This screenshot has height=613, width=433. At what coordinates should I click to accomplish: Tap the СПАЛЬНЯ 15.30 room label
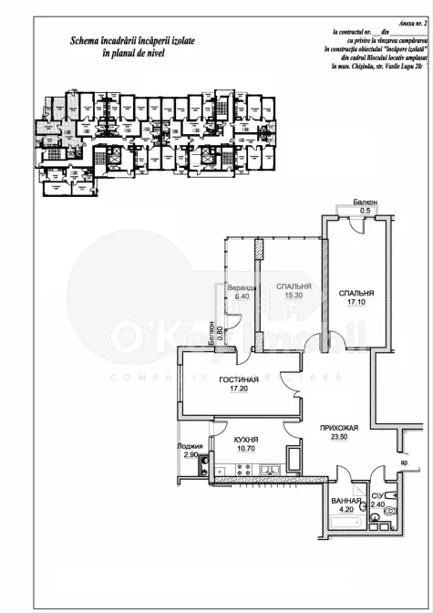[x=293, y=290]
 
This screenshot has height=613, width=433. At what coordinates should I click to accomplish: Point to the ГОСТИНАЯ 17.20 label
[x=242, y=384]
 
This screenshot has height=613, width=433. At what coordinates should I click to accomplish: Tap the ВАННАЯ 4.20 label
[x=344, y=504]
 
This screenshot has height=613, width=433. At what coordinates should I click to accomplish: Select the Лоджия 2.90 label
[x=190, y=450]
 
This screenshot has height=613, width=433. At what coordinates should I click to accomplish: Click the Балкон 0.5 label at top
[x=366, y=206]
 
